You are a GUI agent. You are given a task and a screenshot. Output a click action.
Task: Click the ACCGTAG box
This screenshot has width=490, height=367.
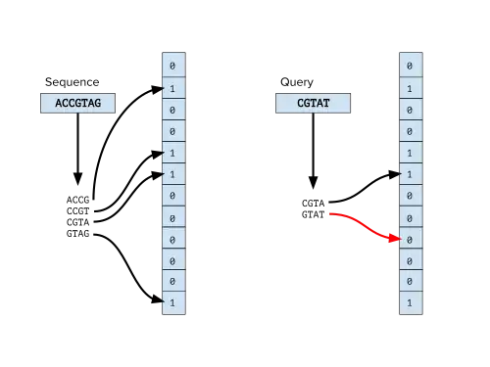pyautogui.click(x=77, y=103)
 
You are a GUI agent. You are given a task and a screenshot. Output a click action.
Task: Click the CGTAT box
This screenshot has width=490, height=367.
pyautogui.click(x=313, y=103)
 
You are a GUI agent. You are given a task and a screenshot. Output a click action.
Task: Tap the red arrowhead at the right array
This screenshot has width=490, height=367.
pyautogui.click(x=395, y=238)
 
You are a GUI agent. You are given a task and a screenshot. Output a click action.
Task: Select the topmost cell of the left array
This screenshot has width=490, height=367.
pyautogui.click(x=172, y=67)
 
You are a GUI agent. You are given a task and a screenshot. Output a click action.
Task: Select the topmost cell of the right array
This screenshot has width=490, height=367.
pyautogui.click(x=410, y=67)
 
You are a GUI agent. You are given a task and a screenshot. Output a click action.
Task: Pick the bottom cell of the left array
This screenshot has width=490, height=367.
pyautogui.click(x=172, y=303)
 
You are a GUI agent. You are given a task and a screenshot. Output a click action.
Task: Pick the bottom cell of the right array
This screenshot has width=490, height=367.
pyautogui.click(x=410, y=303)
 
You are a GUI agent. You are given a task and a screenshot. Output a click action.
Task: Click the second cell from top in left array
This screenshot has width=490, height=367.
pyautogui.click(x=172, y=88)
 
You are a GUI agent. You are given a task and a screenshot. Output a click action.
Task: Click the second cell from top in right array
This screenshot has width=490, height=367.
pyautogui.click(x=410, y=88)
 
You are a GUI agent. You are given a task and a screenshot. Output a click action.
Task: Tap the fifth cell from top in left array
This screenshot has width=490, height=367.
pyautogui.click(x=172, y=153)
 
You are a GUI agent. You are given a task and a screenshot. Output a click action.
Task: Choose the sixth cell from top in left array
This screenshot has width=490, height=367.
pyautogui.click(x=172, y=174)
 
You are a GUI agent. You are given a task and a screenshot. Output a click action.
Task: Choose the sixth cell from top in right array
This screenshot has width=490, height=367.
pyautogui.click(x=410, y=174)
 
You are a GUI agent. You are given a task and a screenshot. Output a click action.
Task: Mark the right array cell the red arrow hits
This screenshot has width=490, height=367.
pyautogui.click(x=410, y=239)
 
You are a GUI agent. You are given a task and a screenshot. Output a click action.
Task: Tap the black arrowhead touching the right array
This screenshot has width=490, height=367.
pyautogui.click(x=396, y=175)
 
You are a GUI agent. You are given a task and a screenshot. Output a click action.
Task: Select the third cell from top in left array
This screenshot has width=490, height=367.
pyautogui.click(x=172, y=110)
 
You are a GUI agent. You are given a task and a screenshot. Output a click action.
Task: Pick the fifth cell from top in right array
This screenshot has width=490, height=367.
pyautogui.click(x=410, y=153)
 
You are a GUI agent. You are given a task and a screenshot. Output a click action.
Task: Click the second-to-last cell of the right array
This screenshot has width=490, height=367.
pyautogui.click(x=410, y=282)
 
